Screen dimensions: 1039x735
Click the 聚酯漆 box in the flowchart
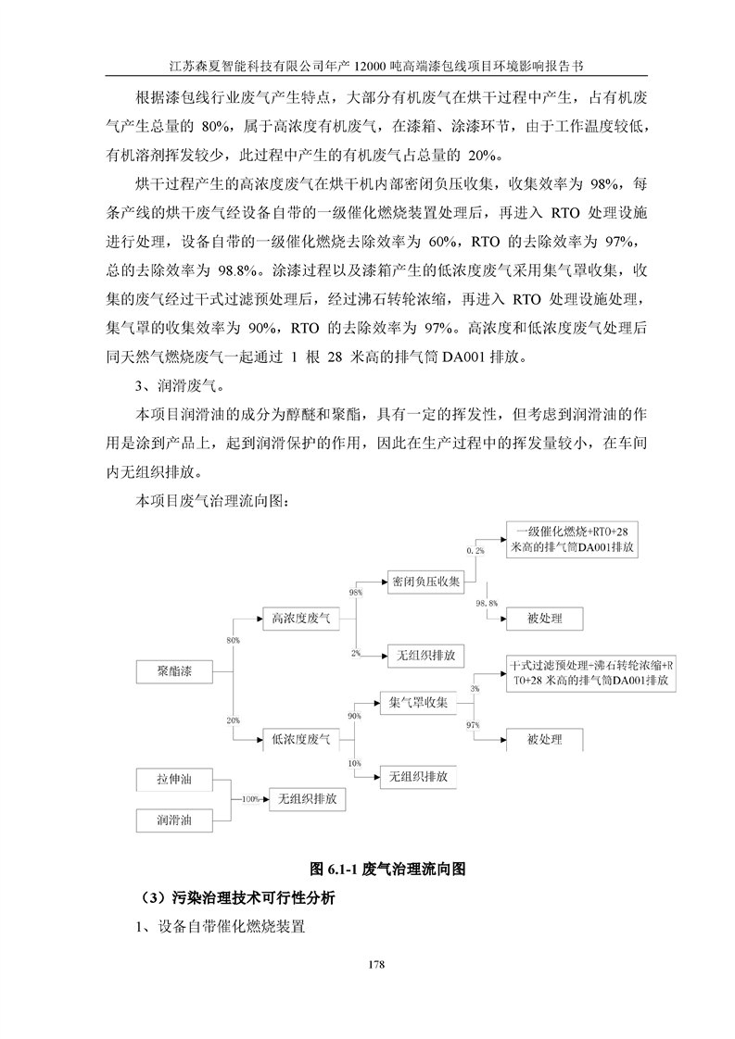pyautogui.click(x=174, y=670)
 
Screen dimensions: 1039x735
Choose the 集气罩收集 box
pyautogui.click(x=416, y=703)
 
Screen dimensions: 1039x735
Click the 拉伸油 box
pyautogui.click(x=174, y=780)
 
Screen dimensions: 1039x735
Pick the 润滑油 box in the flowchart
pyautogui.click(x=174, y=820)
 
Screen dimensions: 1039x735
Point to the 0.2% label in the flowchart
pyautogui.click(x=475, y=551)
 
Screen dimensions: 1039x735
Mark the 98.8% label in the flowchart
pyautogui.click(x=487, y=603)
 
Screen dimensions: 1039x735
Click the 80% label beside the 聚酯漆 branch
pyautogui.click(x=233, y=640)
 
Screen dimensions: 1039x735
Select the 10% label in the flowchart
pyautogui.click(x=354, y=762)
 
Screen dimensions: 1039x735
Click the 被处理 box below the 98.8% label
pyautogui.click(x=545, y=618)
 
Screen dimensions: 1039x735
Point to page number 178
pyautogui.click(x=375, y=965)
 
